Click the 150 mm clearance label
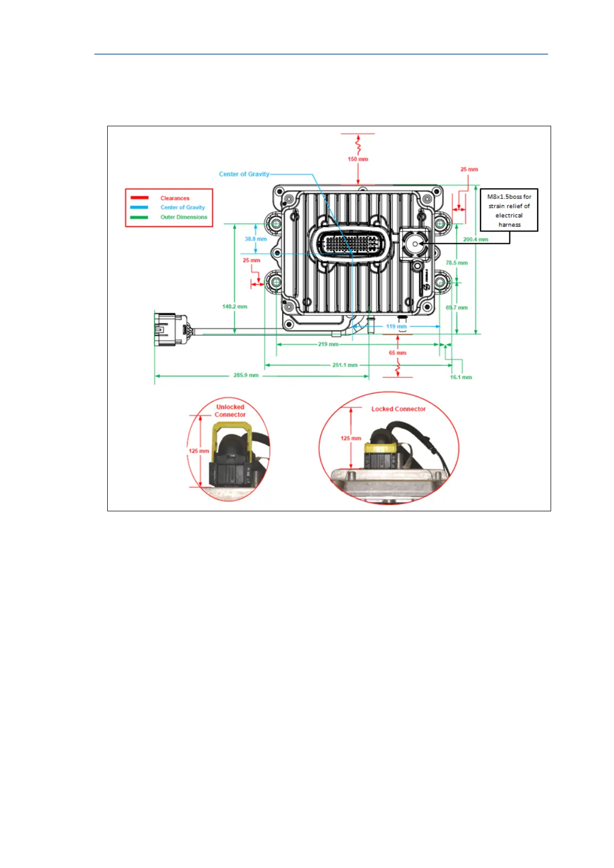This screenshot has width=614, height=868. point(358,159)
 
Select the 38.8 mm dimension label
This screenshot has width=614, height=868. point(256,239)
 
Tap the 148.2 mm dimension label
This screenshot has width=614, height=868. point(235,307)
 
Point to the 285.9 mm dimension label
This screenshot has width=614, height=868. point(246,375)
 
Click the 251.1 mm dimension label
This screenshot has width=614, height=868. point(345,365)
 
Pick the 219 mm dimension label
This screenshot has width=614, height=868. point(328,344)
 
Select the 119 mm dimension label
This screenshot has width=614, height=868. point(396,326)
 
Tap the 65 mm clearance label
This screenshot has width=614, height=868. point(397,353)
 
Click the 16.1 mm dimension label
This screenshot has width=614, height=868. point(461,377)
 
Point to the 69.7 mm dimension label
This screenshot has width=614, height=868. point(457,308)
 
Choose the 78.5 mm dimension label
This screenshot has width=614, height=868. point(457,263)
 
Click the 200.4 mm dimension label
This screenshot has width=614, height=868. point(475,240)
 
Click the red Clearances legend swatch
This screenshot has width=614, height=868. point(139,198)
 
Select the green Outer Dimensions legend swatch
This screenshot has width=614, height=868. point(139,217)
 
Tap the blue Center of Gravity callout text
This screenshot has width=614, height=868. point(244,174)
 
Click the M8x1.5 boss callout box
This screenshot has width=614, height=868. point(509,210)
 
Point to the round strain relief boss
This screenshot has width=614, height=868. point(414,243)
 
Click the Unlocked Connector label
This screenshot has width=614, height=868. point(230,411)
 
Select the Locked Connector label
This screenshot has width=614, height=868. point(399,409)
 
